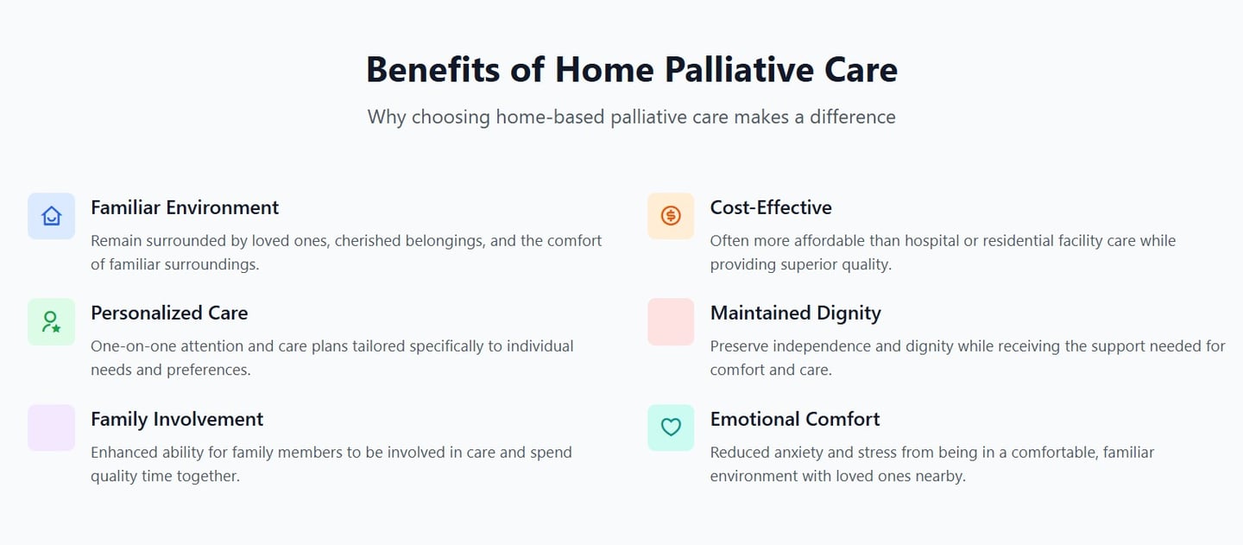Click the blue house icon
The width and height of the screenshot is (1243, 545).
[52, 216]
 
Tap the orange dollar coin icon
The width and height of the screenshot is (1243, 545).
[671, 216]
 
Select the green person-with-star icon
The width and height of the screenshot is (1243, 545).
[51, 322]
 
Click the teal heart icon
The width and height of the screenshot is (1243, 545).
[671, 428]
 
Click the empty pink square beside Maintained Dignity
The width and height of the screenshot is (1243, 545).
[671, 322]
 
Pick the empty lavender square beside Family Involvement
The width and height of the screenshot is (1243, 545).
[52, 428]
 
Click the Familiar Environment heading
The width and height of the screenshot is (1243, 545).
[185, 207]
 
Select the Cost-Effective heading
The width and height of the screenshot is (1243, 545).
[771, 207]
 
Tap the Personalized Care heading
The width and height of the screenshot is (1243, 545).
[169, 313]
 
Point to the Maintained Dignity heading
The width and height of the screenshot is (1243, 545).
[795, 314]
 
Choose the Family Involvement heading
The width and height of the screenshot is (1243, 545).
[177, 419]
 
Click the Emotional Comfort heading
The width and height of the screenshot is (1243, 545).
[795, 419]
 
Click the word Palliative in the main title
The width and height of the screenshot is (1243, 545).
[740, 70]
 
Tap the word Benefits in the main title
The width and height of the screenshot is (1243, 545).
[432, 70]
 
